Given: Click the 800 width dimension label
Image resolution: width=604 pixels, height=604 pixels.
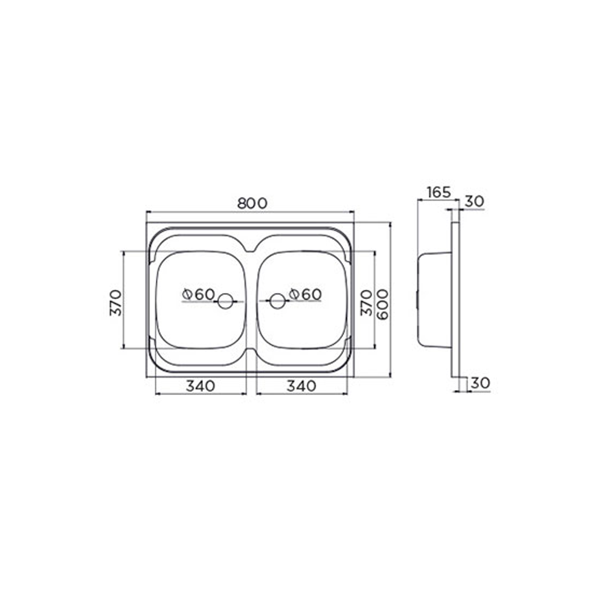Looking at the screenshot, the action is point(252,203).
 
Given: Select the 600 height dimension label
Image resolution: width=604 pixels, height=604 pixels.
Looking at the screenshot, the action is point(382,304).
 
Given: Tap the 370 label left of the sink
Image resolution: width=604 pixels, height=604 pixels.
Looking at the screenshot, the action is point(115,303).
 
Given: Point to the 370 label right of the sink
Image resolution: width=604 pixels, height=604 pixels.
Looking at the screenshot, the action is point(366,303).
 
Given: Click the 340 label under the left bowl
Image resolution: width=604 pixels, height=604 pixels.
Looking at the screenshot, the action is point(201,385).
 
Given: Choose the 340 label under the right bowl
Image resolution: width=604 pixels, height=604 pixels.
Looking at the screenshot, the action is point(301,385).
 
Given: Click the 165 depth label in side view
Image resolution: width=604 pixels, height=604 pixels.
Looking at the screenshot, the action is point(439,192).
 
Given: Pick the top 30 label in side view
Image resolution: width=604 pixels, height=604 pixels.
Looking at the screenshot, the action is point(474,201).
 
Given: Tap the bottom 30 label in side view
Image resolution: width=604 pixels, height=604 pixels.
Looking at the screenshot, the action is point(480,383).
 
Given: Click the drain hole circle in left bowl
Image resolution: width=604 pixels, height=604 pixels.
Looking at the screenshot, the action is point(225,301).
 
